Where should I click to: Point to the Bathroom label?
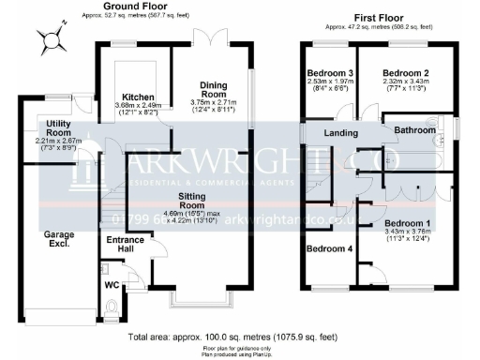tap(413, 132)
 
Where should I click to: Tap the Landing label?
tap(341, 133)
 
